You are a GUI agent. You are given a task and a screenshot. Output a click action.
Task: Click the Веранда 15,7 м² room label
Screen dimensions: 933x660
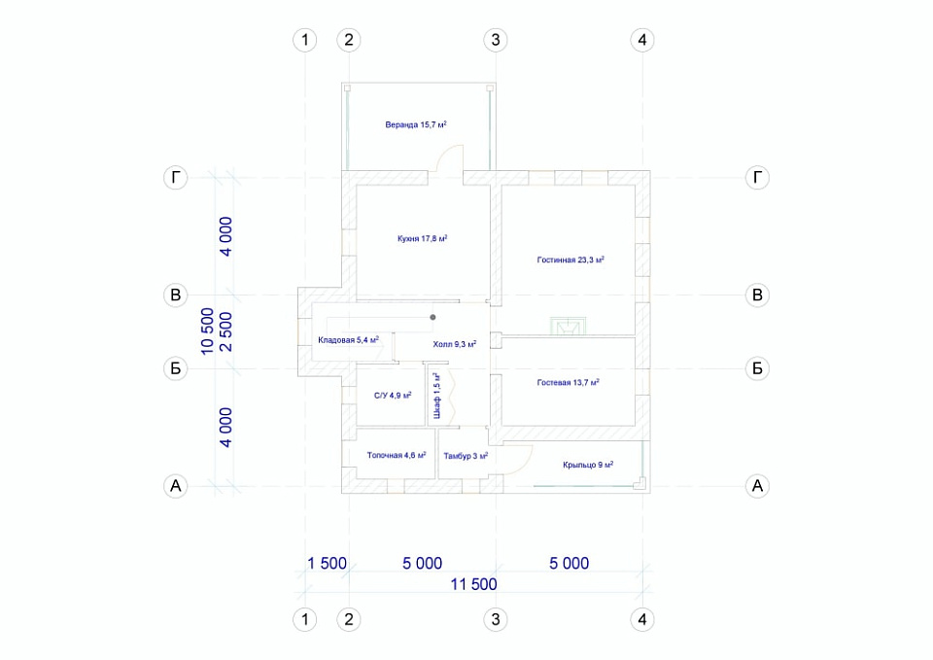[416, 124]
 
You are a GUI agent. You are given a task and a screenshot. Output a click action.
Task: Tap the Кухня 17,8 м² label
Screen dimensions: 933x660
[423, 238]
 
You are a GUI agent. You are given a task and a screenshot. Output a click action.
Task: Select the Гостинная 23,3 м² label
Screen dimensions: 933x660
[570, 260]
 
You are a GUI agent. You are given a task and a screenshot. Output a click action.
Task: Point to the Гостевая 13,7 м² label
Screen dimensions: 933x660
[569, 382]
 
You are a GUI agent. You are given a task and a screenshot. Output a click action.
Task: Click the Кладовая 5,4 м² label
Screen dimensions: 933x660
[348, 340]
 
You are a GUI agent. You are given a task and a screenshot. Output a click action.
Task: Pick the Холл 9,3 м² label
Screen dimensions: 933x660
[455, 344]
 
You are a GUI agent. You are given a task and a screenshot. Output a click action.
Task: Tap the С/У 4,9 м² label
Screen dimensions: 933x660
[393, 396]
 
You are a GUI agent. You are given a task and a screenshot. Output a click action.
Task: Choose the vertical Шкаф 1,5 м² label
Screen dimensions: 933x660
[437, 396]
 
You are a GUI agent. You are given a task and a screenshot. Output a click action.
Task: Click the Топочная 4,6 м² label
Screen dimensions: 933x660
[397, 455]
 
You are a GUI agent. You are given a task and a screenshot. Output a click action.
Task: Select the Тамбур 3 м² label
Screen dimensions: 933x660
[466, 456]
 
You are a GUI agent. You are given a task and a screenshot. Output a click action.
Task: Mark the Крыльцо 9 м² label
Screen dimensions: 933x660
[588, 465]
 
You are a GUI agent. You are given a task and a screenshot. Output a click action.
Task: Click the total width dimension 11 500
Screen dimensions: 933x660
[473, 584]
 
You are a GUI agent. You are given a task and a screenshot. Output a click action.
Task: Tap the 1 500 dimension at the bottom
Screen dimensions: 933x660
[327, 563]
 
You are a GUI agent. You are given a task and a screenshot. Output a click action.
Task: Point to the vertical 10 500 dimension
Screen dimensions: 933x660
[207, 331]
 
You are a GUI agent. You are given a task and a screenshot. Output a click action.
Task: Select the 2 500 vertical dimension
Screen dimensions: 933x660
[226, 331]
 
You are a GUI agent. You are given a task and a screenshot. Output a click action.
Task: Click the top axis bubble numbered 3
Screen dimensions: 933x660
[496, 40]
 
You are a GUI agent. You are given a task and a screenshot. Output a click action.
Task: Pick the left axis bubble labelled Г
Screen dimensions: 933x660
[176, 177]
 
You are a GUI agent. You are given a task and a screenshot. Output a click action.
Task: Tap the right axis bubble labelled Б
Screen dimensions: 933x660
[757, 368]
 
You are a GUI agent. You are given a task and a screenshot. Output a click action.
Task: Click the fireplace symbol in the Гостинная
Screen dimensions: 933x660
[569, 326]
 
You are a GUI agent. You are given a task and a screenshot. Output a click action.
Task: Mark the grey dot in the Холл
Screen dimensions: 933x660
[432, 317]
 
